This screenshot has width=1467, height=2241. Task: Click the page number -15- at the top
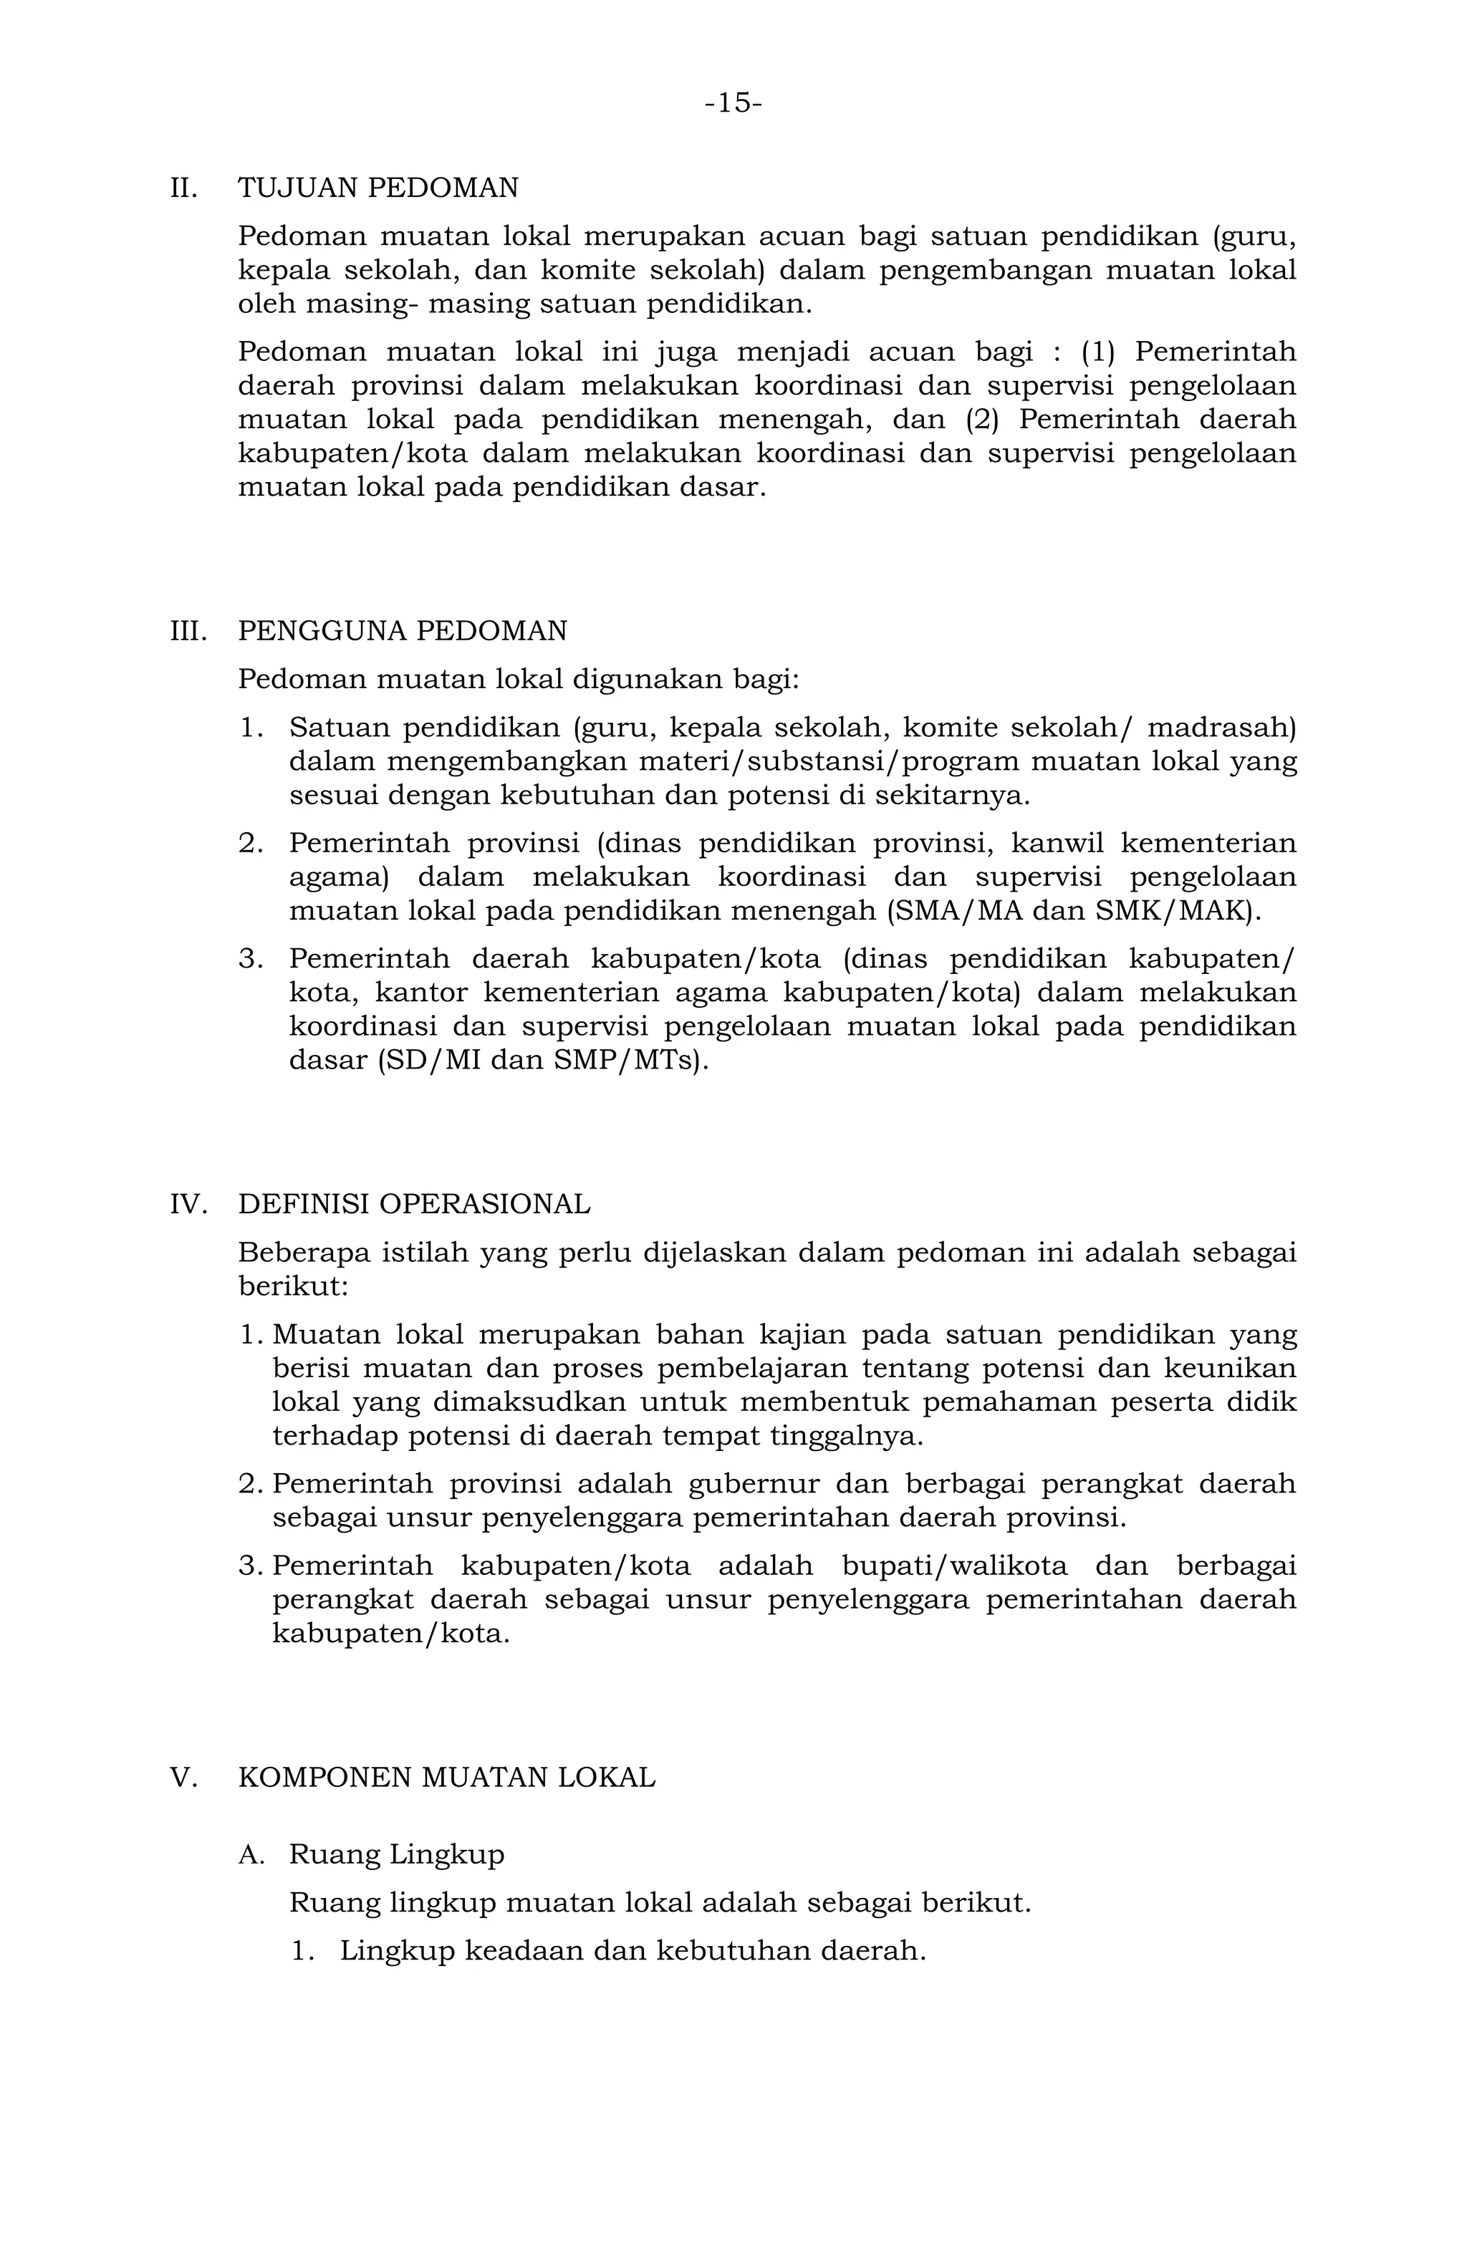pos(733,102)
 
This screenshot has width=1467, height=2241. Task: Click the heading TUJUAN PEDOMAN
pos(377,188)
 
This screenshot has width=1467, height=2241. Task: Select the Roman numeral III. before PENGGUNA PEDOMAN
pos(188,631)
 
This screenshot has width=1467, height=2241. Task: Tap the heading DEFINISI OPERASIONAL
pos(414,1205)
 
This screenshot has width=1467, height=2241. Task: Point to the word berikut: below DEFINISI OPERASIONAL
pos(293,1287)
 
